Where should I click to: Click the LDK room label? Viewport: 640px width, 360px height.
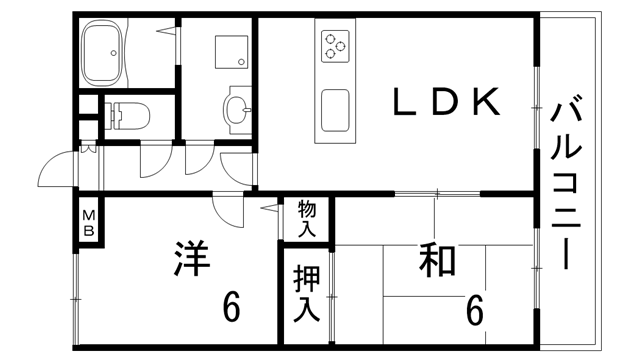[444, 102]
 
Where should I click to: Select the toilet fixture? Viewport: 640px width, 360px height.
[128, 115]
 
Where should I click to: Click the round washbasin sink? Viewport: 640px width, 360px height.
[236, 110]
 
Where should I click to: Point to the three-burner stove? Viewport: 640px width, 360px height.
[334, 44]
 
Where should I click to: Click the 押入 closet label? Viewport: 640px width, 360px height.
[306, 291]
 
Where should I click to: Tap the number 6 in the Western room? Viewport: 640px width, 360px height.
[231, 307]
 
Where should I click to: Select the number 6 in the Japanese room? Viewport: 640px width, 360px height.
[474, 311]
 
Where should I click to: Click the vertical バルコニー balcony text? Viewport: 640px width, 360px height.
[567, 180]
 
